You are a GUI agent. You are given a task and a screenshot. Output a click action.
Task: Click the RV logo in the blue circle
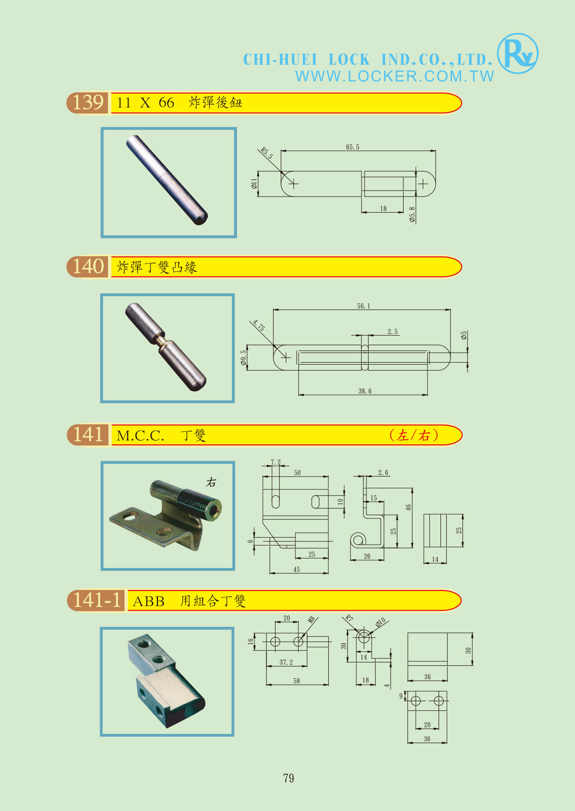[x=518, y=53]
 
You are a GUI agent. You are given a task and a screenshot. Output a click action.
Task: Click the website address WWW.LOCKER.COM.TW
[x=395, y=76]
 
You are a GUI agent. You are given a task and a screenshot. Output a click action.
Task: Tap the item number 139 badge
[x=88, y=102]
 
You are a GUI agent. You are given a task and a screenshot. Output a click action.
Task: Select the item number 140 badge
[x=88, y=267]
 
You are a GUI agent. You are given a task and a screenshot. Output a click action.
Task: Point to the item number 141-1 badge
[x=96, y=600]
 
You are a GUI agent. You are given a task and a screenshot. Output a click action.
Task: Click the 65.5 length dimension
[x=353, y=147]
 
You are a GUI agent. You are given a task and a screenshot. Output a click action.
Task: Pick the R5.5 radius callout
[x=266, y=153]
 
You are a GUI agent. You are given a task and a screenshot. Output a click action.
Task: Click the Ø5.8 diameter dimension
[x=412, y=215]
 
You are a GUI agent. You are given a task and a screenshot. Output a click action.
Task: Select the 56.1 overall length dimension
[x=363, y=306]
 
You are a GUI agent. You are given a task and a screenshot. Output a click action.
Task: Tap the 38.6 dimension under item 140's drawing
[x=365, y=391]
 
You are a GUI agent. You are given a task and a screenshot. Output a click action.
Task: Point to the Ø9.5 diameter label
[x=243, y=358]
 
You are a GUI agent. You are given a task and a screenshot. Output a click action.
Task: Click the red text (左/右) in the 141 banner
[x=414, y=435]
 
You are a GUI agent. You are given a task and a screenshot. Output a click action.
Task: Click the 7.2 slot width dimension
[x=276, y=462]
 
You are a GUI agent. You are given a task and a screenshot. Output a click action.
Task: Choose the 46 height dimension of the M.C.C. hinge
[x=408, y=507]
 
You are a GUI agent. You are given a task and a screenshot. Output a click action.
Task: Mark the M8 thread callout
[x=312, y=620]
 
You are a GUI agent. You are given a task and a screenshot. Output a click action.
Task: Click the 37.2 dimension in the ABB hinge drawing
[x=286, y=662]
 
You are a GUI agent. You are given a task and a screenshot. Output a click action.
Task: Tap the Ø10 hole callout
[x=380, y=623]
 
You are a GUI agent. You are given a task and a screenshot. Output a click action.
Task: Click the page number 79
[x=289, y=778]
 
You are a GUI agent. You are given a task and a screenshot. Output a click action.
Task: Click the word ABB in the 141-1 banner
[x=148, y=601]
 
